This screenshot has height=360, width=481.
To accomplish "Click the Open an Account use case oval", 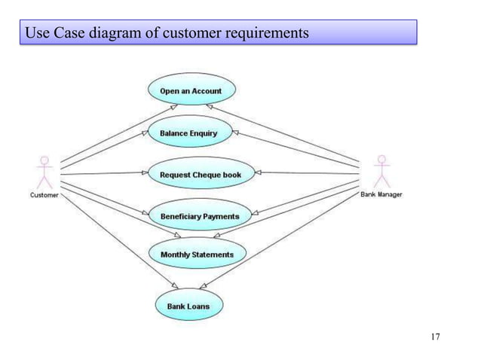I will [191, 91].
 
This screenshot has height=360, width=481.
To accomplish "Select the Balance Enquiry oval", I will [188, 133].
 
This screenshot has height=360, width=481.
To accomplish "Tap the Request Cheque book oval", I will [201, 175].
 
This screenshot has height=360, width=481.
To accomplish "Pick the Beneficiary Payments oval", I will [200, 216].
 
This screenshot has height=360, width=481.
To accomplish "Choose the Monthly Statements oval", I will [197, 255].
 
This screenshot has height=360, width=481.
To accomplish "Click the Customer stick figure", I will [45, 172].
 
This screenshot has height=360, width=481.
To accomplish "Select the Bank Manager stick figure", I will [382, 172].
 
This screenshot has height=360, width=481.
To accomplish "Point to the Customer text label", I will [44, 195].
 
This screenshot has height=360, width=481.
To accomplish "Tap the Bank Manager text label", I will [381, 194].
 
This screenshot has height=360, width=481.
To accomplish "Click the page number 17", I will [435, 336].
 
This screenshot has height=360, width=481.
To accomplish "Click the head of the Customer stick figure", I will [45, 160].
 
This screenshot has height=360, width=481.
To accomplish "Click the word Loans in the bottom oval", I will [199, 307].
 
